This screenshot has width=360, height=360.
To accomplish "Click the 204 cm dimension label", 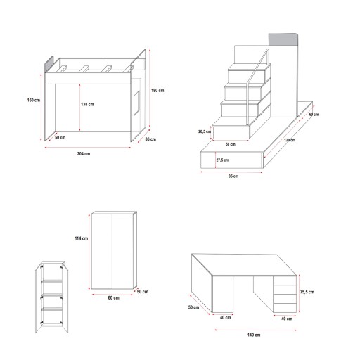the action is pos(84,154).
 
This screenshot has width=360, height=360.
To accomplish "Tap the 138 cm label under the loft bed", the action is pos(87,104).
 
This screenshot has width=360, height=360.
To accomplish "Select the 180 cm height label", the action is pos(157,90).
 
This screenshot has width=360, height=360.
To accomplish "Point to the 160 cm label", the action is pos(34,100).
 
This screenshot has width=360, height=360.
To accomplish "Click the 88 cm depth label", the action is pos(150,139).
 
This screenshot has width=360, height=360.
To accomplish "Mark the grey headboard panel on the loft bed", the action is pos(49,64).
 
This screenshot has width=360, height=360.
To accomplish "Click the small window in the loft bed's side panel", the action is pos(136,103).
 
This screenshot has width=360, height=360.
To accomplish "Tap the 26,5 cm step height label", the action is pos(205,131).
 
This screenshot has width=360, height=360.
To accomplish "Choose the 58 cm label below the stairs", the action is pos(231,144).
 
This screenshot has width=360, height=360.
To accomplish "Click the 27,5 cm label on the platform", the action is pos(222,160).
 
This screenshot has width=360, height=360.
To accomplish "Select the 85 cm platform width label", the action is pos(233,176).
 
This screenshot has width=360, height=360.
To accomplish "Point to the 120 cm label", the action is pos(290,140).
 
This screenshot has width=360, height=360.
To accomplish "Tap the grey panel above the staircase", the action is pos(283,39).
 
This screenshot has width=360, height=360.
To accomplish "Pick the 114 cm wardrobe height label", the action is pos(82,238).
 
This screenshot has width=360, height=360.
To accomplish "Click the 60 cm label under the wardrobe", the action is pos(113,297).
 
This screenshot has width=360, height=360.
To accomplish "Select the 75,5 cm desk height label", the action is pos(307,292).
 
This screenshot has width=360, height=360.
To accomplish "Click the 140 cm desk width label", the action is pos(254,335).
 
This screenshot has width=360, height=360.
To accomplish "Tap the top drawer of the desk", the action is pos(285,281).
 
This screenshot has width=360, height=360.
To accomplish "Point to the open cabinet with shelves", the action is pos(52,297).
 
